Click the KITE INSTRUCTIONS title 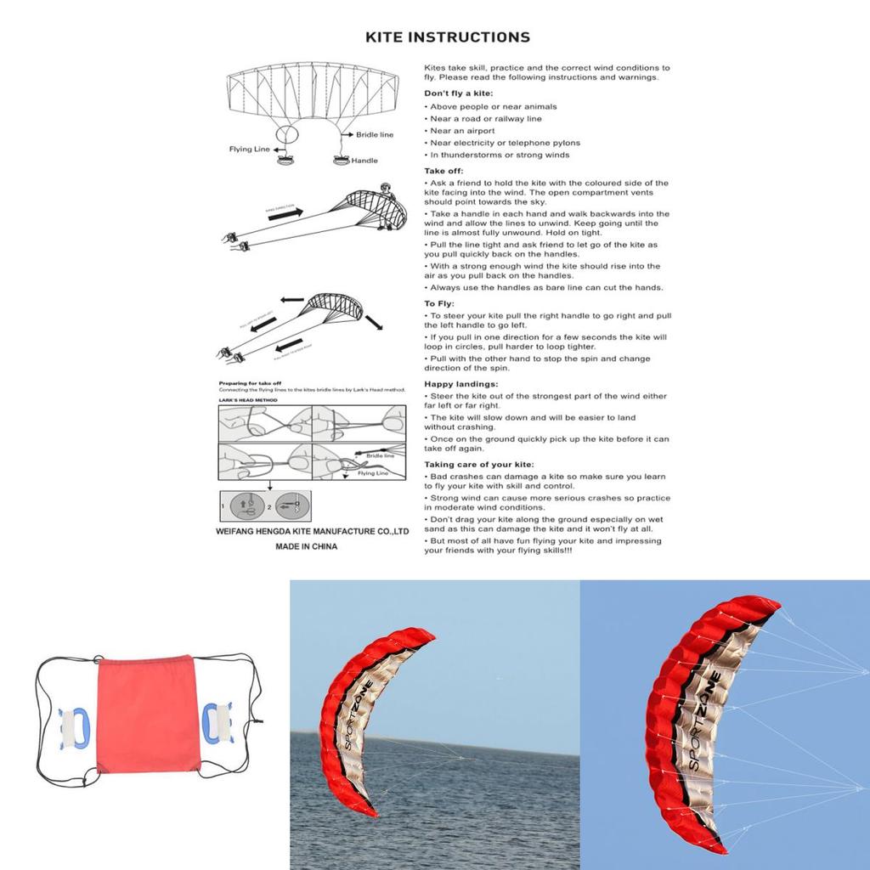447,37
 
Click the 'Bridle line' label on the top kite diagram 375,134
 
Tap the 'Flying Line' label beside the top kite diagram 249,150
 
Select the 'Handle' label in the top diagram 364,161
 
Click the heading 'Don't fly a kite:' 459,93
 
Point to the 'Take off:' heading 443,171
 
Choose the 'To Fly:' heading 439,303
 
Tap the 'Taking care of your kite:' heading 478,465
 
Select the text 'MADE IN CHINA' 306,546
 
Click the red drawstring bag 146,714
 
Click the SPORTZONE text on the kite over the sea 353,722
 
